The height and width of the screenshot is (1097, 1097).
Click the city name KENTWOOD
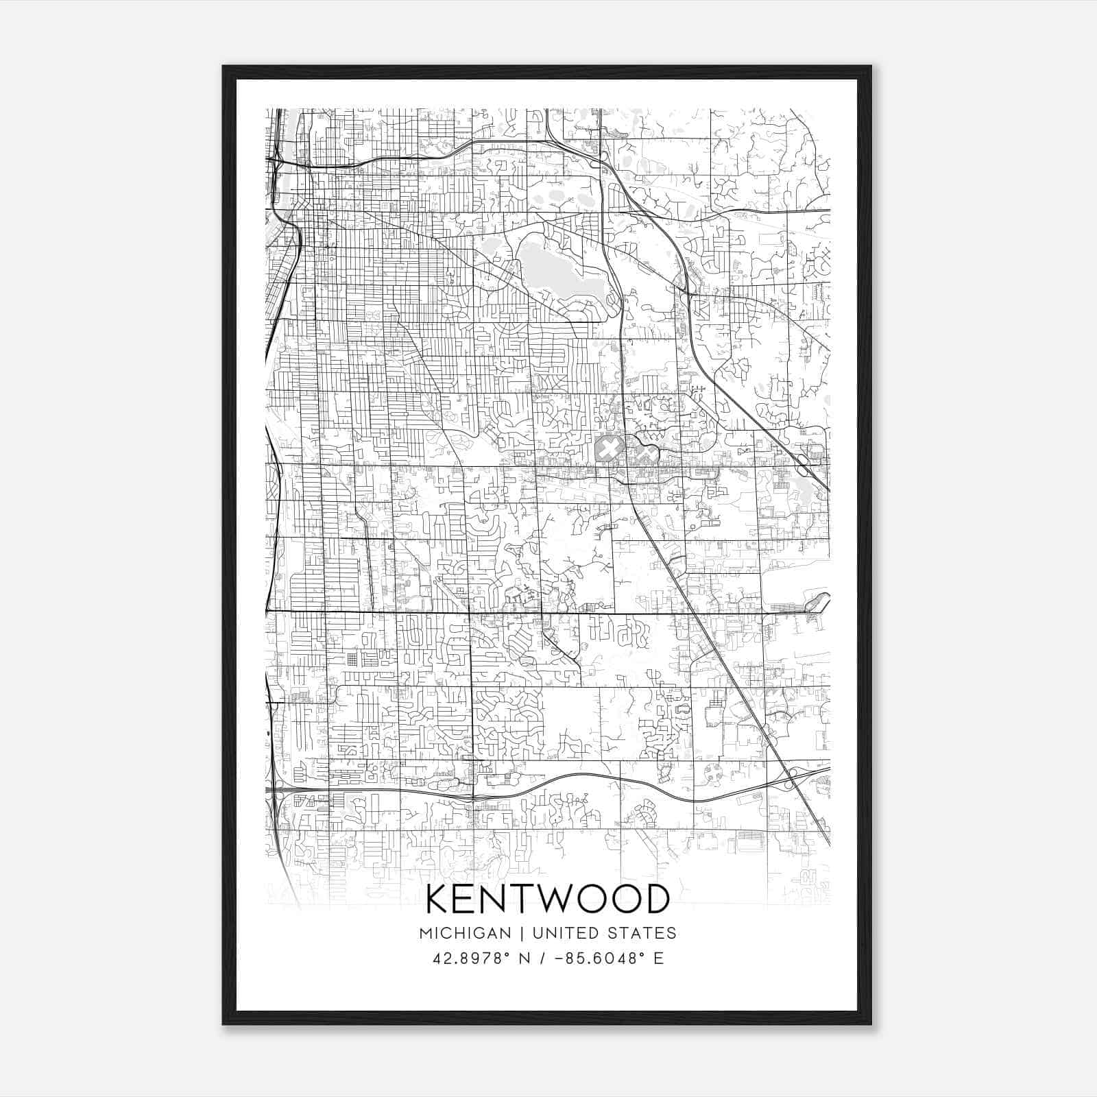[x=548, y=899]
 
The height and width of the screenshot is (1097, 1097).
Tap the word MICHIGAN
[x=465, y=933]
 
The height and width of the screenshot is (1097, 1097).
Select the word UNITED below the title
[x=566, y=933]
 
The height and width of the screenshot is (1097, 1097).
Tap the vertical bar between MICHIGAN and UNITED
[x=522, y=933]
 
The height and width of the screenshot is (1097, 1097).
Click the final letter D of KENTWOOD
[x=656, y=899]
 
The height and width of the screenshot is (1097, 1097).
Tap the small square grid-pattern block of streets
[x=352, y=660]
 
